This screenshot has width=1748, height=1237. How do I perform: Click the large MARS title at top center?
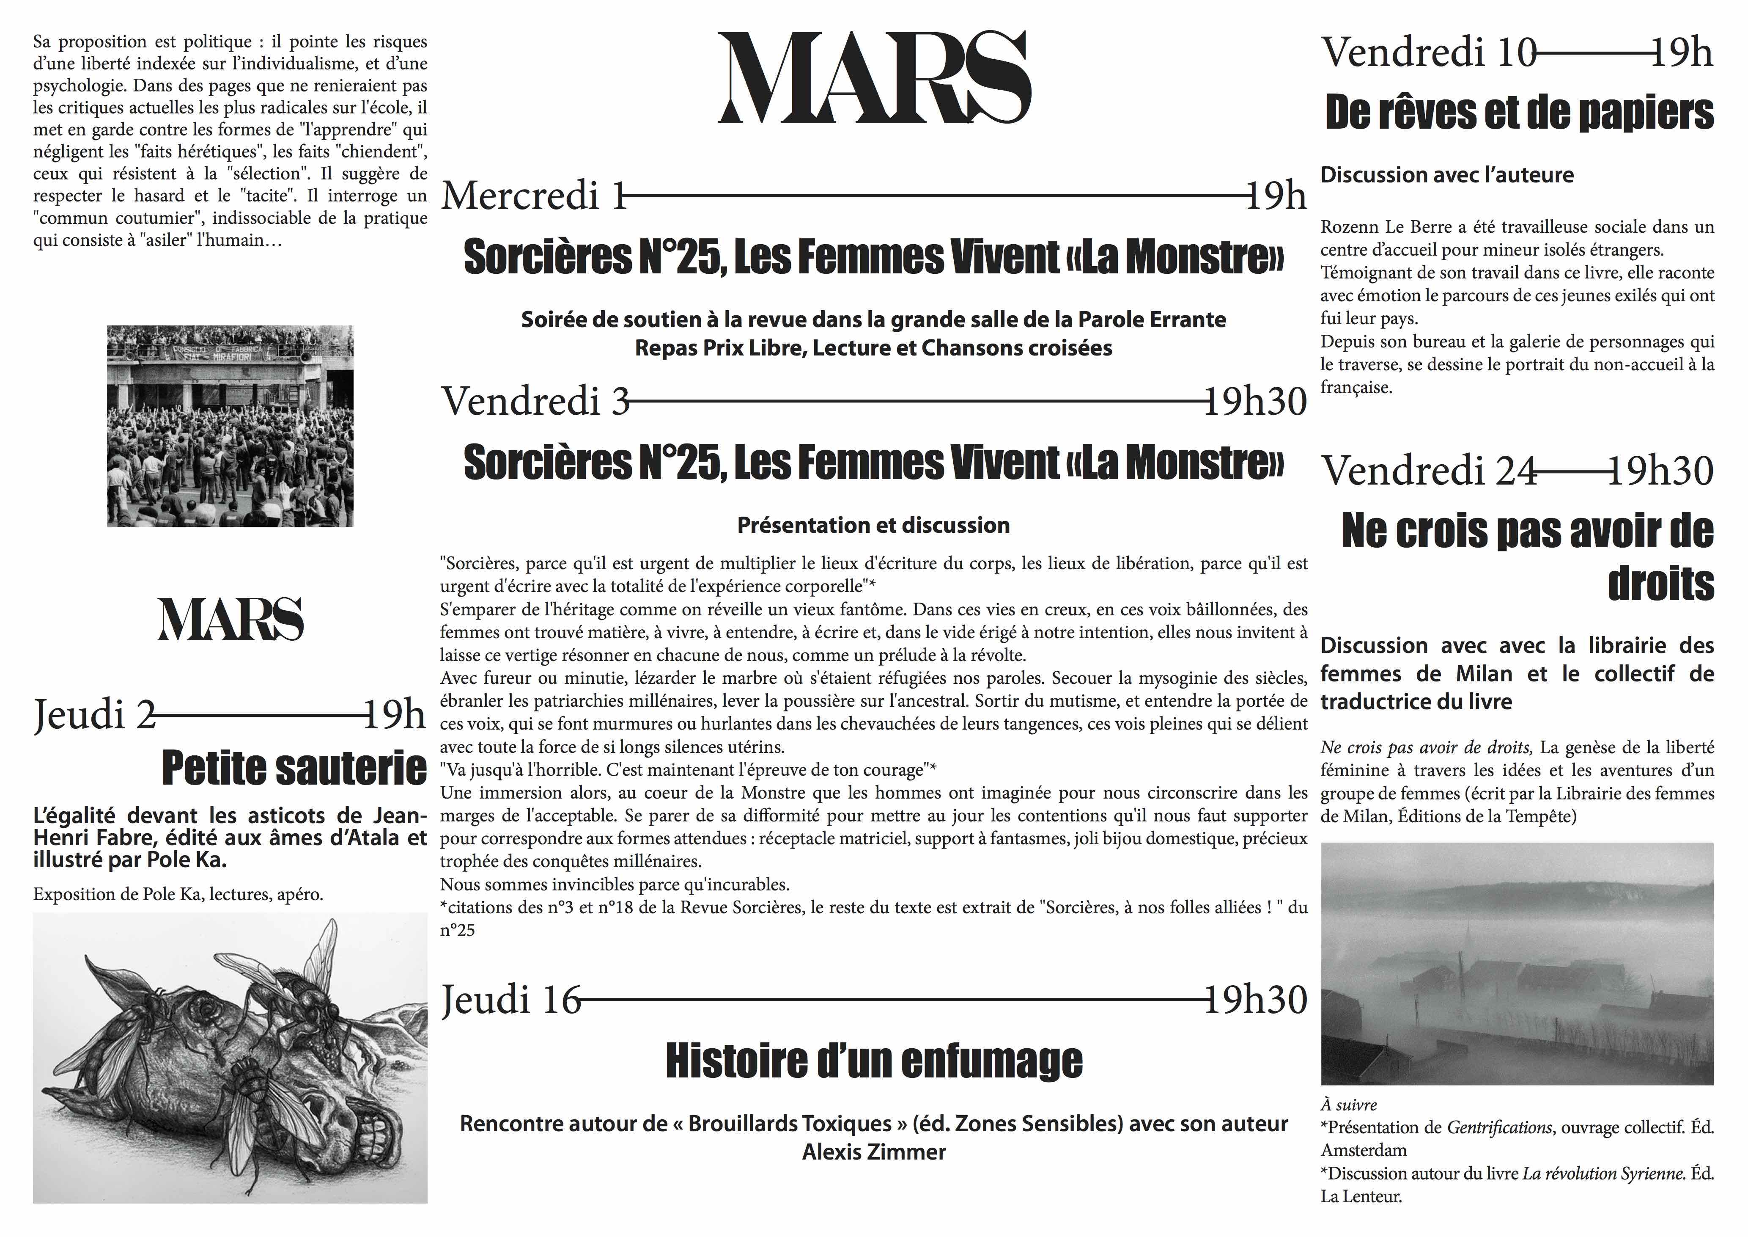coord(874,78)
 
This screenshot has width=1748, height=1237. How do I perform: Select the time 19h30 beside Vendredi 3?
coord(1255,402)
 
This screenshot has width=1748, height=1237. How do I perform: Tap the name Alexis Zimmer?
coord(874,1152)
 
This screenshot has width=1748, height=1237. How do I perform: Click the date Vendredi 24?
coord(1429,471)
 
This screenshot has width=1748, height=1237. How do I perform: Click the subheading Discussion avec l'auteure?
coord(1446,175)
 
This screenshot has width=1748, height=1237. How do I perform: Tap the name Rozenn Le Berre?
coord(1375,227)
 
